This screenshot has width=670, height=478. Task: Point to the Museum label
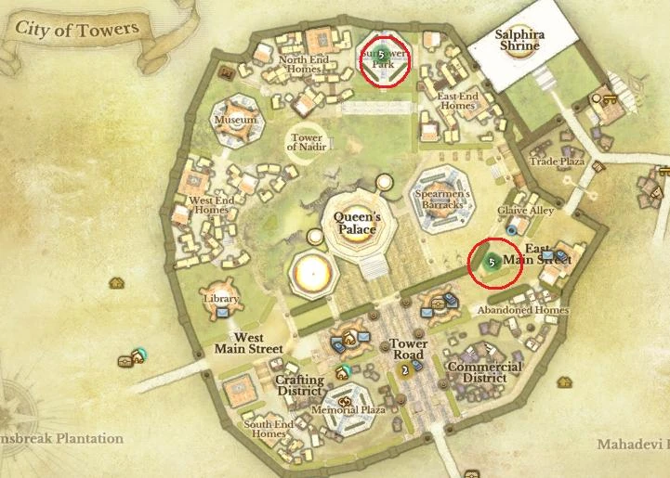coord(235,121)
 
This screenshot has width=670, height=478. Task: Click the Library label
coord(221,299)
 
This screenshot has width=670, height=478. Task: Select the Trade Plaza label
coord(556,161)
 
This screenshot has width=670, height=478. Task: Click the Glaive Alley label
coord(525,211)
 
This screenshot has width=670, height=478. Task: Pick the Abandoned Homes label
coord(523,310)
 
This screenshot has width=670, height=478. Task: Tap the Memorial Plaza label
coord(348,409)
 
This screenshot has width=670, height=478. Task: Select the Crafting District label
coord(299,385)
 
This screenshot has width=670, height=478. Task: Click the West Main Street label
coord(248,342)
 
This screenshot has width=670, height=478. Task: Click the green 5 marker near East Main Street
coord(491,262)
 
